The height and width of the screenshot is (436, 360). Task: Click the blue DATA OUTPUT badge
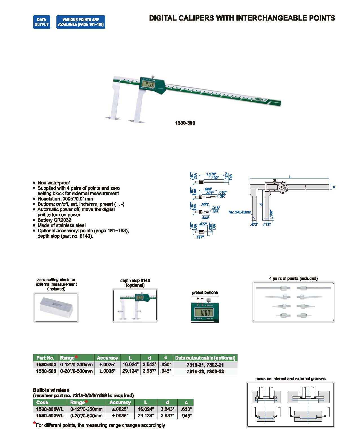(x=42, y=22)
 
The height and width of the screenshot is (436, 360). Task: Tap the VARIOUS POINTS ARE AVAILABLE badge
(x=81, y=22)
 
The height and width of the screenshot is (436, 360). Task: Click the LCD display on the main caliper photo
(x=148, y=84)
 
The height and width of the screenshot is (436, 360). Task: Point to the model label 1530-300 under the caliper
(x=185, y=123)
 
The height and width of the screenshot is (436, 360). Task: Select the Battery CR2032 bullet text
(x=54, y=220)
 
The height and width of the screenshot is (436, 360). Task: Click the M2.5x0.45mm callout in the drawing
(x=240, y=212)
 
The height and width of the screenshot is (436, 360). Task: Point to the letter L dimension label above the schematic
(x=290, y=177)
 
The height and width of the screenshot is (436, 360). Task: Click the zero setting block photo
(x=56, y=307)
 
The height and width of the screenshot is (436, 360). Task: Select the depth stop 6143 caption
(x=135, y=280)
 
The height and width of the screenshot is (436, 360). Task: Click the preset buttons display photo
(x=205, y=309)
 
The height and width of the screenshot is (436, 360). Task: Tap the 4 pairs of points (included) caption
(x=293, y=278)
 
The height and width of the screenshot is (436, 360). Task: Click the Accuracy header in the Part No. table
(x=107, y=358)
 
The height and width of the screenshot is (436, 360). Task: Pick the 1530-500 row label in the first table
(x=46, y=371)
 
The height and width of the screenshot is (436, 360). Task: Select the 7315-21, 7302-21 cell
(x=205, y=365)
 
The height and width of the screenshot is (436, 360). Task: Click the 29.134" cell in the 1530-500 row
(x=130, y=371)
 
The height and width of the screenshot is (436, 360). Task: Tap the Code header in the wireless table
(x=42, y=402)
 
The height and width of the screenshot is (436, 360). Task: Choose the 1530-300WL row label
(x=50, y=409)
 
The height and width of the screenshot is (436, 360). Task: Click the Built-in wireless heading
(x=51, y=390)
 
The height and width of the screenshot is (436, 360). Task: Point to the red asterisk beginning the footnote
(x=34, y=423)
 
